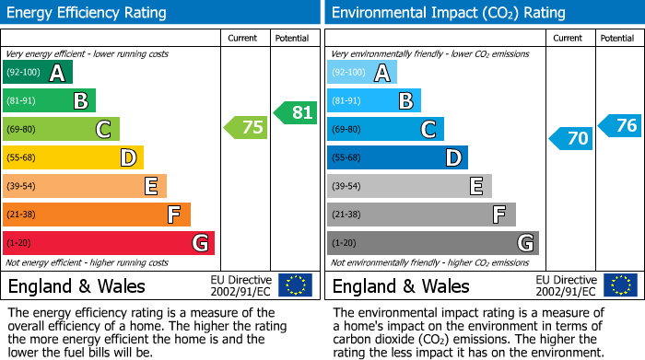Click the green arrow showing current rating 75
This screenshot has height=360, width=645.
coord(247,128)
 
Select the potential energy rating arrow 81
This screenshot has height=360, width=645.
coord(296,112)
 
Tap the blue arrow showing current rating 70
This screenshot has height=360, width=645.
coord(571,139)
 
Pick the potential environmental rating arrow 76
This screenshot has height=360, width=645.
coord(620,125)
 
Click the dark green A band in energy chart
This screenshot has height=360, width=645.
coord(38,73)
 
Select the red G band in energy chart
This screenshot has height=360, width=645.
coord(109,243)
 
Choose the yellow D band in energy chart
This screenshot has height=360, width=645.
coord(73,158)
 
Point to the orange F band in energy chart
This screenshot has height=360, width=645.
coord(97,215)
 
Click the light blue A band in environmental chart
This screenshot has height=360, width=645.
coord(362,73)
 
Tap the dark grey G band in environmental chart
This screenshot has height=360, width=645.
coord(432,243)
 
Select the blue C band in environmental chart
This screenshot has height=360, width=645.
coord(385,130)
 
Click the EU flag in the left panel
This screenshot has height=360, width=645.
coord(295,285)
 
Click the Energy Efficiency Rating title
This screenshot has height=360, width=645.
coord(88,13)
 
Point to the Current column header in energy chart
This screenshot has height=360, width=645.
coord(244,38)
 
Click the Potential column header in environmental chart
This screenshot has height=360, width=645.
coord(616,38)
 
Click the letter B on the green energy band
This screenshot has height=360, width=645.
coord(80,101)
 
